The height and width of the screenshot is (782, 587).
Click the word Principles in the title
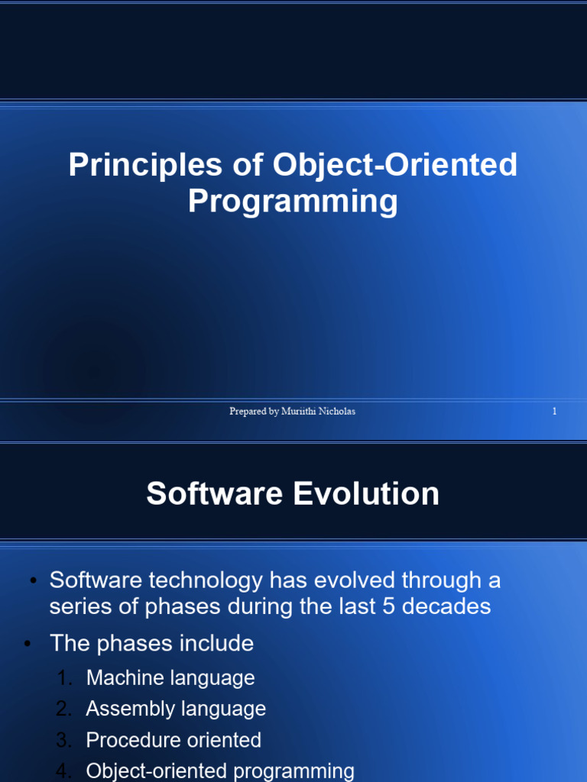click(x=145, y=166)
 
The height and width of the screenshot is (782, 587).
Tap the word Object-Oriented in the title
click(x=395, y=166)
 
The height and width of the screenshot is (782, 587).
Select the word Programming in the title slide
click(x=293, y=202)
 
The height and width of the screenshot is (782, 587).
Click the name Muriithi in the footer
click(x=298, y=412)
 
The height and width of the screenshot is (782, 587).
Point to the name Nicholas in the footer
click(x=337, y=412)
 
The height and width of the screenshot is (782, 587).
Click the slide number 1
click(x=554, y=412)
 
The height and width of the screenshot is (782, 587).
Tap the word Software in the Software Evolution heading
click(x=215, y=494)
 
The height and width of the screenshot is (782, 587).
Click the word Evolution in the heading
click(x=366, y=494)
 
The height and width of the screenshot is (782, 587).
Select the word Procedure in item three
click(x=131, y=740)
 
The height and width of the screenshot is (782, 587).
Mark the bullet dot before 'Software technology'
click(x=34, y=580)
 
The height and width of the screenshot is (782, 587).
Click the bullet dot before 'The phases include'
click(x=28, y=644)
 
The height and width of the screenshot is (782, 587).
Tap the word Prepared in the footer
click(x=248, y=412)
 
